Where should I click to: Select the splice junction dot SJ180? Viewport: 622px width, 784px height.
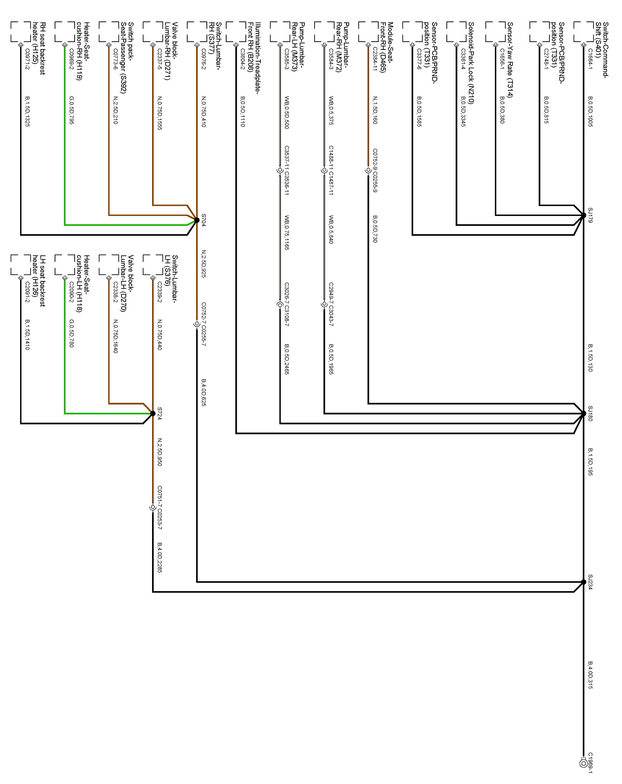pos(583,413)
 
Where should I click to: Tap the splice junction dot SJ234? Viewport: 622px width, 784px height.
pos(583,582)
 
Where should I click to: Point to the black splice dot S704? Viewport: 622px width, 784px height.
pos(197,220)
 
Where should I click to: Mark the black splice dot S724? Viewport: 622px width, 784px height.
pos(153,413)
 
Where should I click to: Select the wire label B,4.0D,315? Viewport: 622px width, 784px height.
pos(590,675)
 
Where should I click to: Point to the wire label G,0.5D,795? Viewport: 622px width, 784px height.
pos(71,110)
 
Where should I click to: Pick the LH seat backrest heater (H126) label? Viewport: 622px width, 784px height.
pos(39,281)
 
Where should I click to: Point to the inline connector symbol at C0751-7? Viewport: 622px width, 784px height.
pos(153,507)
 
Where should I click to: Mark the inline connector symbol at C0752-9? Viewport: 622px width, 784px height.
pos(368,170)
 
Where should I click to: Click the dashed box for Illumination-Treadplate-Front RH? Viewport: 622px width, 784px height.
pos(236,32)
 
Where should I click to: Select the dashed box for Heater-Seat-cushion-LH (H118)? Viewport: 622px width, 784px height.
pos(65,265)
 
